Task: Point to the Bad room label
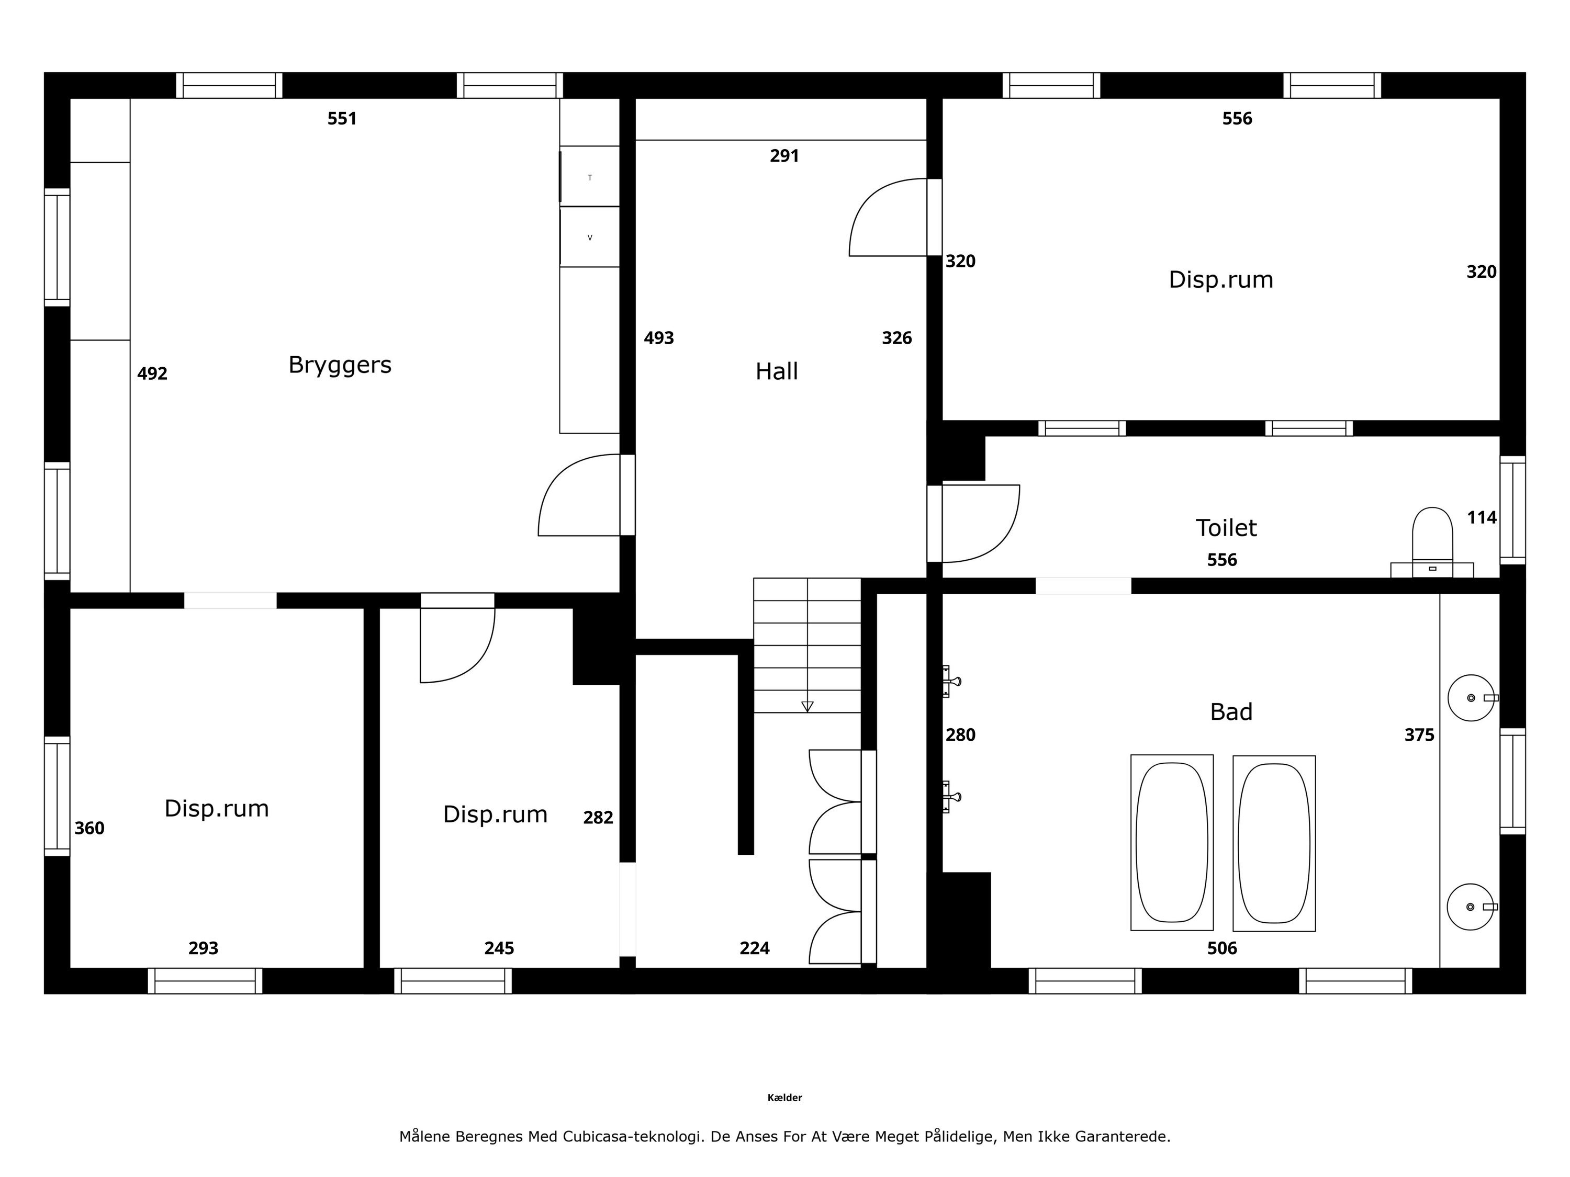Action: point(1231,711)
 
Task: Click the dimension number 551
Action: point(342,118)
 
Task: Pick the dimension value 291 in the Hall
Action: point(784,155)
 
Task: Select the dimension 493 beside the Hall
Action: point(659,338)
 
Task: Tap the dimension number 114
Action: point(1482,518)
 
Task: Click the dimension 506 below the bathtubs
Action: point(1222,948)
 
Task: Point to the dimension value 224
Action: point(755,948)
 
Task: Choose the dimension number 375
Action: point(1419,735)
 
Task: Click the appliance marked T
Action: point(590,177)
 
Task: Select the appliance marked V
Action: point(590,237)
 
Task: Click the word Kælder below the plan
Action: point(784,1097)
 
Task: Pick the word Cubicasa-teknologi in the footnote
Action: point(634,1137)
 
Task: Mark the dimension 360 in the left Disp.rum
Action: point(89,828)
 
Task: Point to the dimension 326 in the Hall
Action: point(897,338)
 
